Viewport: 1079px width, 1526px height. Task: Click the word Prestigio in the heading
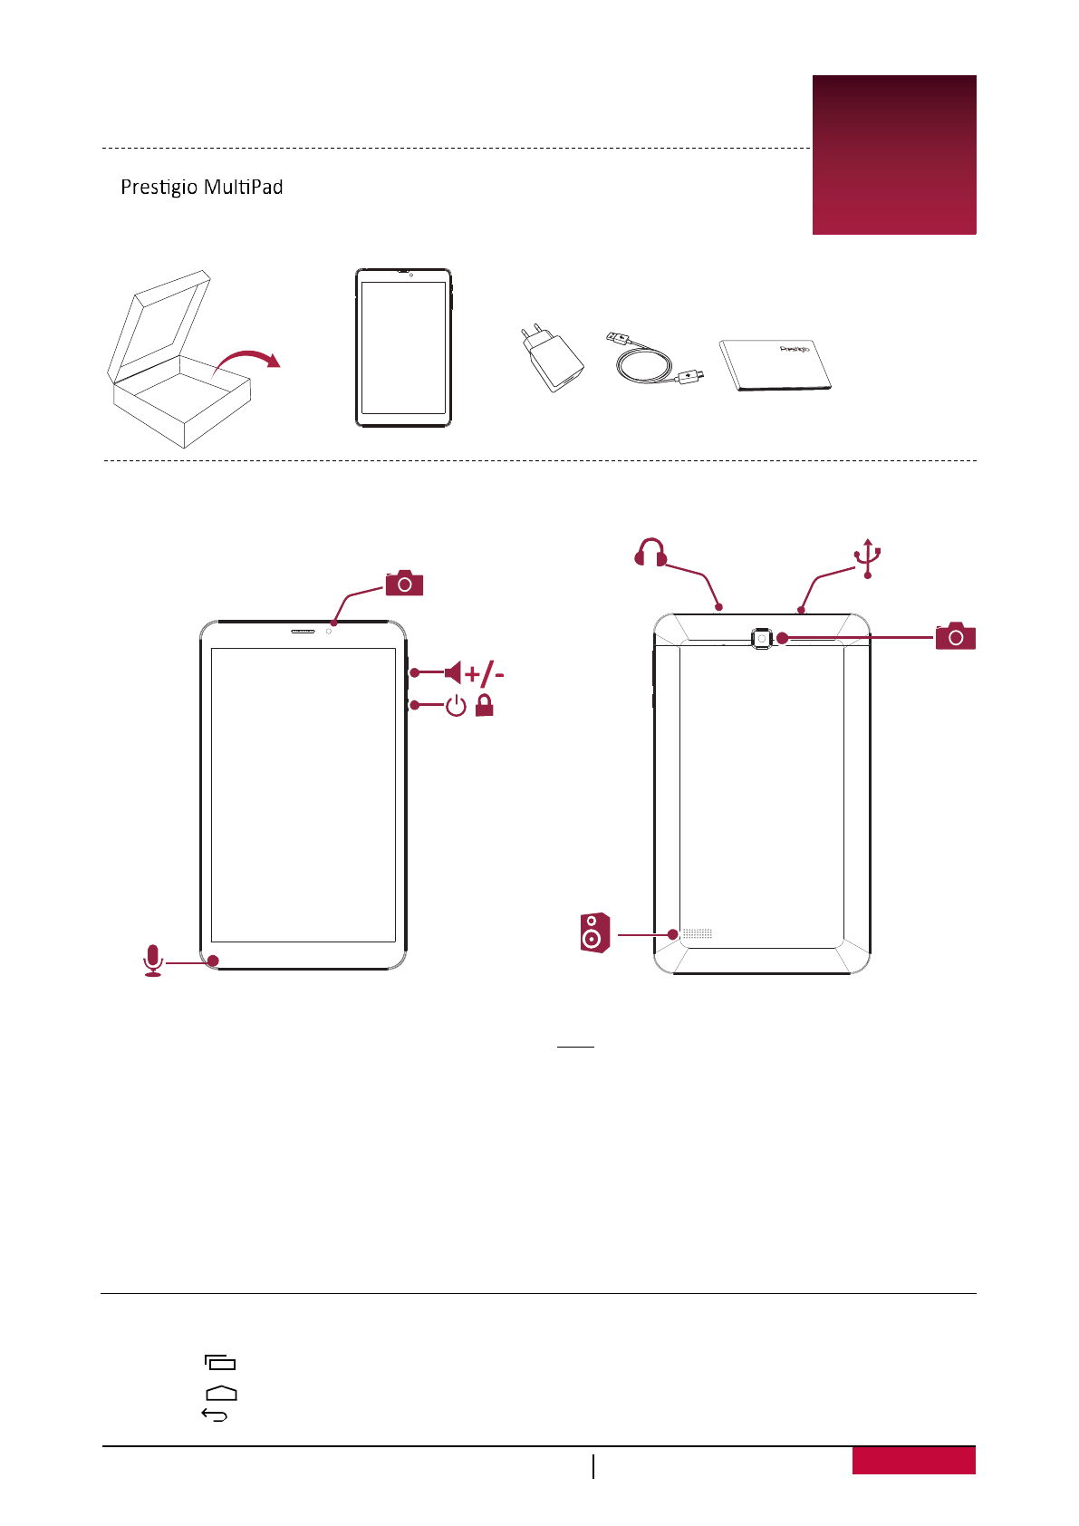tap(159, 188)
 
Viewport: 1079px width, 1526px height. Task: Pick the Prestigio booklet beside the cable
tap(776, 364)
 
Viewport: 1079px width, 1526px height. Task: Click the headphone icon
tap(650, 552)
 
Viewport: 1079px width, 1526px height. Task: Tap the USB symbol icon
tap(868, 558)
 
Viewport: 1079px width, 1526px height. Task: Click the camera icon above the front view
tap(404, 584)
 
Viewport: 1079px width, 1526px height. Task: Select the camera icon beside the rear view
tap(955, 636)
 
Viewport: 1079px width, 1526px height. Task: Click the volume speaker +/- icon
tap(474, 672)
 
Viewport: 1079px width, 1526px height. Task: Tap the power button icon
tap(456, 705)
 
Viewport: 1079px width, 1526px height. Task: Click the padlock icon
tap(485, 705)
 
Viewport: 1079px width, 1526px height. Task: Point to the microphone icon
tap(153, 960)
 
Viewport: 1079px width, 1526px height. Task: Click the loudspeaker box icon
tap(594, 932)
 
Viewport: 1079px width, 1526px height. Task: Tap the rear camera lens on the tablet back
tap(762, 638)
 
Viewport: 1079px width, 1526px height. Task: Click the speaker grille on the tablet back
tap(697, 932)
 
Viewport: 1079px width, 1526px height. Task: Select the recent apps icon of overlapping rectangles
tap(220, 1362)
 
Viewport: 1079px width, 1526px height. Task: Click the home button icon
tap(221, 1393)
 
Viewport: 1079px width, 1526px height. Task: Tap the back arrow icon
tap(214, 1415)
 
